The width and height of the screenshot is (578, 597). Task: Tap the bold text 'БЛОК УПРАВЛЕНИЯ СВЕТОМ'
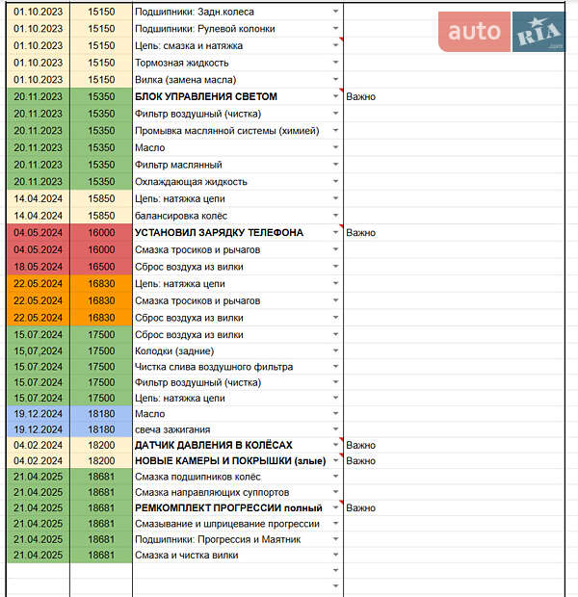click(206, 96)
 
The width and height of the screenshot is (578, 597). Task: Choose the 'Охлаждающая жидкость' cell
click(191, 182)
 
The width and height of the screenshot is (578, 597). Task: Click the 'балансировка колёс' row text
click(181, 216)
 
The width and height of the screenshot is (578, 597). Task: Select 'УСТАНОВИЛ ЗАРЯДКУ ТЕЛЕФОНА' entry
click(219, 233)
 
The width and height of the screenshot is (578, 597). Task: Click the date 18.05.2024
click(39, 267)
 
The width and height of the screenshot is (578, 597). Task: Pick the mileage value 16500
click(100, 267)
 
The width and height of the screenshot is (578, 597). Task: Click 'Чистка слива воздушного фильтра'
click(214, 367)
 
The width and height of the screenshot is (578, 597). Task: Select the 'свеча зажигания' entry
click(172, 429)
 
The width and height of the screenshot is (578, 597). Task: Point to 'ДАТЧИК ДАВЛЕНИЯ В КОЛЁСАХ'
click(213, 445)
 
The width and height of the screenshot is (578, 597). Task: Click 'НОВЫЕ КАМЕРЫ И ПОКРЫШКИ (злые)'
click(230, 461)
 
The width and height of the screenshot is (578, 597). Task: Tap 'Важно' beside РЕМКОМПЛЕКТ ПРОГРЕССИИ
click(361, 507)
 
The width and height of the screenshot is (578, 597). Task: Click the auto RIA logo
click(502, 33)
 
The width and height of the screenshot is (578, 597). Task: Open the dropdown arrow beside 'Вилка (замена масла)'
click(335, 80)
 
